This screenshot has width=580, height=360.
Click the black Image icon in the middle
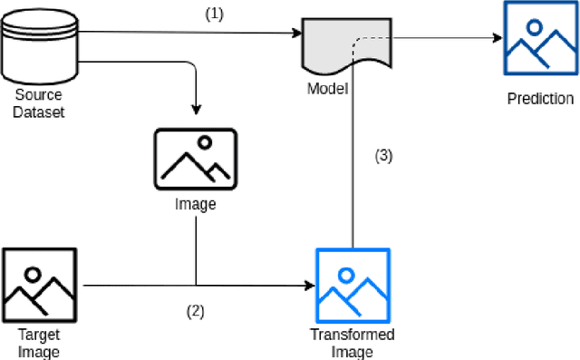(x=195, y=157)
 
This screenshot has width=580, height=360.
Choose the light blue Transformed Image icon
(x=353, y=283)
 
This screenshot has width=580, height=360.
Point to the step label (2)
(x=196, y=310)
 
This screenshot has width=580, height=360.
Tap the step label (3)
(x=383, y=155)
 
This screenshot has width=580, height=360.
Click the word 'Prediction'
(x=540, y=99)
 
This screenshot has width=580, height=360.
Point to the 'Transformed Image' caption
(x=353, y=343)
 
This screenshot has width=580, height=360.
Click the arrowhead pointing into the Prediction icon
(x=497, y=38)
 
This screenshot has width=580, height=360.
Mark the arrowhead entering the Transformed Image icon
(x=307, y=287)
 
